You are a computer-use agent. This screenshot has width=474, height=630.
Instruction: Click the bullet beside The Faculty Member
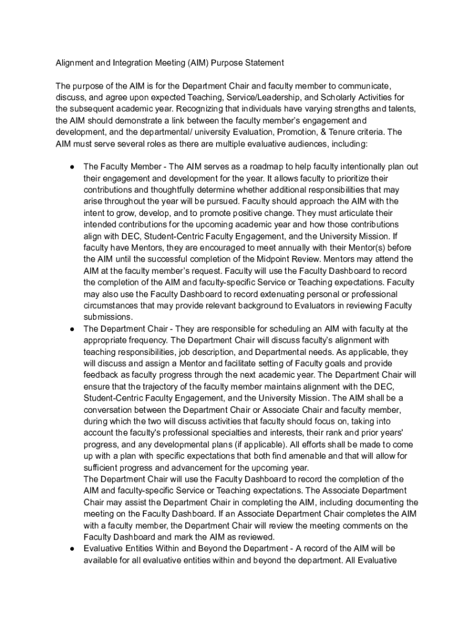(72, 167)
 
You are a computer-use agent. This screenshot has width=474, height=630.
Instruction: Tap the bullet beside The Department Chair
(72, 329)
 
